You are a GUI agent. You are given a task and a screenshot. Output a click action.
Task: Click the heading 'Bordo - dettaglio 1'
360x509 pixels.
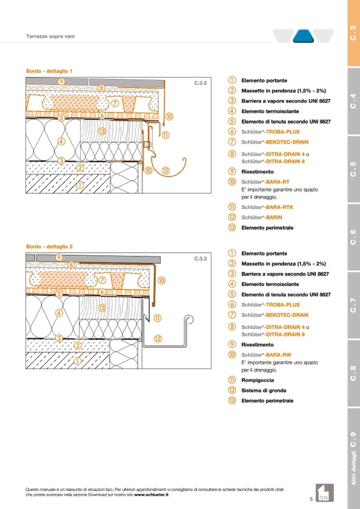click(x=49, y=71)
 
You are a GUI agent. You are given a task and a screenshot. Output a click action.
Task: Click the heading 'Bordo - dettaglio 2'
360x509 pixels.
click(x=49, y=246)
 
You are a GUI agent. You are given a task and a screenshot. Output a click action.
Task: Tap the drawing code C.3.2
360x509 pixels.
click(x=200, y=83)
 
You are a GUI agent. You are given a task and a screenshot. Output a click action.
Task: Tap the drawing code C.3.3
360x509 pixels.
click(x=200, y=259)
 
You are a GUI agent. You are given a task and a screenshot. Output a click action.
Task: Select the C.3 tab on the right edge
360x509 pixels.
click(x=353, y=33)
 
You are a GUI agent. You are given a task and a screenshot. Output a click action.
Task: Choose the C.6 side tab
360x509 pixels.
click(x=353, y=237)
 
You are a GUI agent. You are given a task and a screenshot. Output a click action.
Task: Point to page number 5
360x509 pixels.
click(x=311, y=499)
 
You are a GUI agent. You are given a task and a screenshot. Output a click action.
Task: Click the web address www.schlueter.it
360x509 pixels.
click(x=151, y=494)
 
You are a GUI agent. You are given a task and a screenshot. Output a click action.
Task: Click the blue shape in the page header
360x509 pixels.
click(x=304, y=36)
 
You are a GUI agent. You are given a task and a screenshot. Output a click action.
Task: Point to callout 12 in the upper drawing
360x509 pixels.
click(x=165, y=171)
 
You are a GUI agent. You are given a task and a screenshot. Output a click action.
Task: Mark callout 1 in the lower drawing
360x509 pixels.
click(x=78, y=361)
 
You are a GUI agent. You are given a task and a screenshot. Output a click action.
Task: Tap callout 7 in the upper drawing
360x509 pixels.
click(x=115, y=102)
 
